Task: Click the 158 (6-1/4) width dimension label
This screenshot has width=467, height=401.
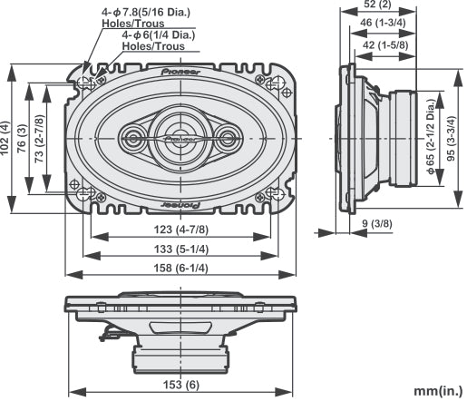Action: pyautogui.click(x=181, y=268)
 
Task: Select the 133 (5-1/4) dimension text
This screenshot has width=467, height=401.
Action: pyautogui.click(x=181, y=249)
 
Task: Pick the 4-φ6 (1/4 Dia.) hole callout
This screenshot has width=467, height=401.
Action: pyautogui.click(x=159, y=39)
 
